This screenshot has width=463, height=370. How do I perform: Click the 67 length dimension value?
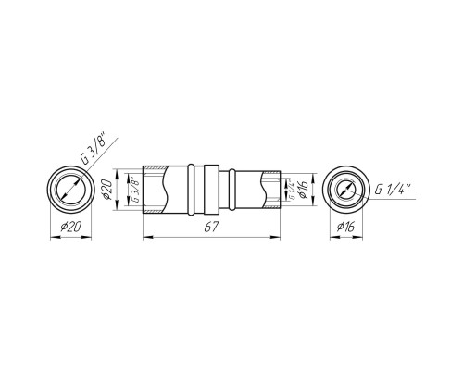(x=211, y=228)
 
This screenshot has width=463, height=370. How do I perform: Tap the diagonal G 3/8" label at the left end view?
(x=93, y=148)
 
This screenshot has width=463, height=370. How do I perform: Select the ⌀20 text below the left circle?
(x=71, y=228)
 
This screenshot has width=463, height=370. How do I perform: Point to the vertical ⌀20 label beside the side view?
(x=107, y=190)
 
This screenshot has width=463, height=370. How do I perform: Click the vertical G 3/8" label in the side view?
(x=135, y=190)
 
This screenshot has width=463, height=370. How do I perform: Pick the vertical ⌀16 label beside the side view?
(x=303, y=189)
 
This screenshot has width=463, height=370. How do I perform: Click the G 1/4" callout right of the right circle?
(x=392, y=189)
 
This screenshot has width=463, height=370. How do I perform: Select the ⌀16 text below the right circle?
(x=346, y=228)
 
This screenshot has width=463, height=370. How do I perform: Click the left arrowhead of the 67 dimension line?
(x=148, y=237)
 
